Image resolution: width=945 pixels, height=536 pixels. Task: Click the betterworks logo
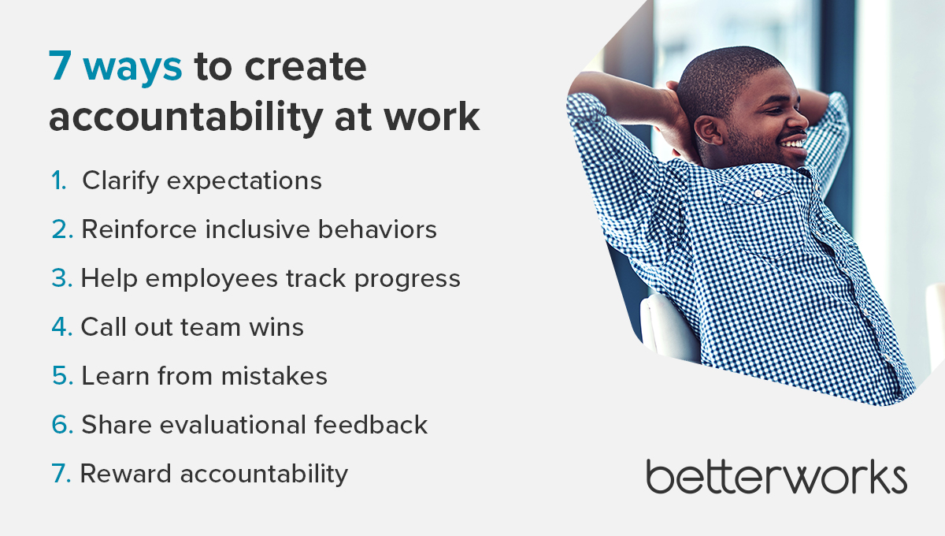coord(776,477)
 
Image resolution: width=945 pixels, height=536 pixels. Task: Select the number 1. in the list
coord(59,181)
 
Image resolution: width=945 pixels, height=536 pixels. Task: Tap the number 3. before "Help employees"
coord(61,278)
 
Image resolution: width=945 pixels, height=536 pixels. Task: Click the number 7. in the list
coord(62,474)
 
